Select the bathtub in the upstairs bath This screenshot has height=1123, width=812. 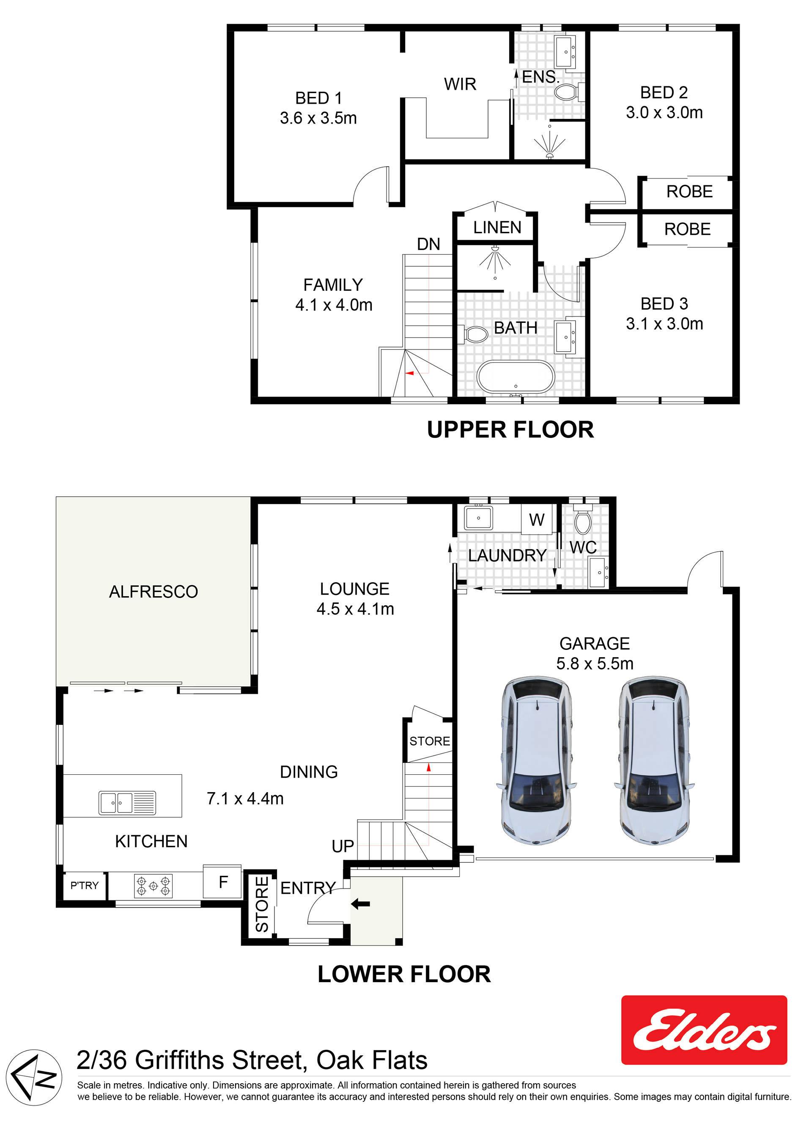point(515,377)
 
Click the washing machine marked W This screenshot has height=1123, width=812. point(536,520)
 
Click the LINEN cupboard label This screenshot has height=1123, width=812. point(497,227)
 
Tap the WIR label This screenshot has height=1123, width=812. point(460,84)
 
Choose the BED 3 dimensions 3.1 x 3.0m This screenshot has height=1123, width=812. point(664,324)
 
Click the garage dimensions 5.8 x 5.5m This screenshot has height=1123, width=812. point(595,663)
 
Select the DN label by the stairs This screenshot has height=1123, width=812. point(428,244)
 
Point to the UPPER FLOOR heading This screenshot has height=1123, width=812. point(510,429)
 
